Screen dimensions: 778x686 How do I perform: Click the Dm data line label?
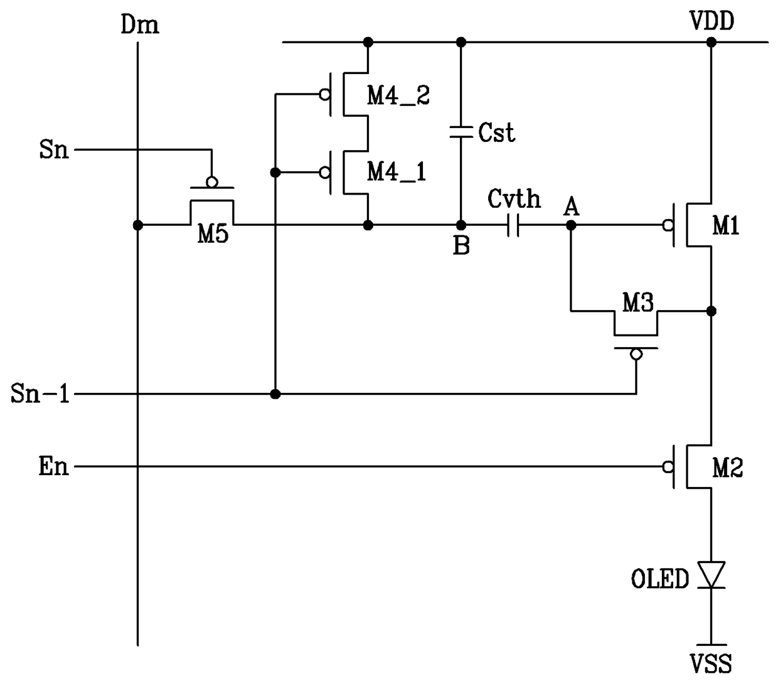point(140,24)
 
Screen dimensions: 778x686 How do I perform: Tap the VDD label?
point(712,21)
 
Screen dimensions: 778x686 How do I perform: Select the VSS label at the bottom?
point(711,664)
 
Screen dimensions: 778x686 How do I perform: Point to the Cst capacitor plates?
point(461,132)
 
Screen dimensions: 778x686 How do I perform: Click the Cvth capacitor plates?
point(513,225)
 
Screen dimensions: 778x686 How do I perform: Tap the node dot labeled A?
point(571,225)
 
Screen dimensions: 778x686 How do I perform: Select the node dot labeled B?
point(461,225)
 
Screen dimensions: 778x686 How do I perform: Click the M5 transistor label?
point(213,233)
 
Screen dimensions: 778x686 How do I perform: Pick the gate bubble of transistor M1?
point(668,225)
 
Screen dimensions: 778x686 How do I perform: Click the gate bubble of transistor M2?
point(668,467)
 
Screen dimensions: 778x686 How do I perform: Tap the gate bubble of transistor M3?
point(636,354)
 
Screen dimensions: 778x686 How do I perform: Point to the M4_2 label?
point(398,95)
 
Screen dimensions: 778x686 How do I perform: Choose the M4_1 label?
point(397,172)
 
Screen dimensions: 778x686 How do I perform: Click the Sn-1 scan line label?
point(40,394)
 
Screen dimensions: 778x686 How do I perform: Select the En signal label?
point(54,467)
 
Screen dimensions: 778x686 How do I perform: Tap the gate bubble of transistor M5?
point(212,182)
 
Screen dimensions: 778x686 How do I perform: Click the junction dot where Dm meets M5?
point(138,225)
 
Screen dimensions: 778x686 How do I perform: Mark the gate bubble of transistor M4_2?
point(325,95)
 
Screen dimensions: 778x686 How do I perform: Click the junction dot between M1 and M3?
point(711,311)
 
